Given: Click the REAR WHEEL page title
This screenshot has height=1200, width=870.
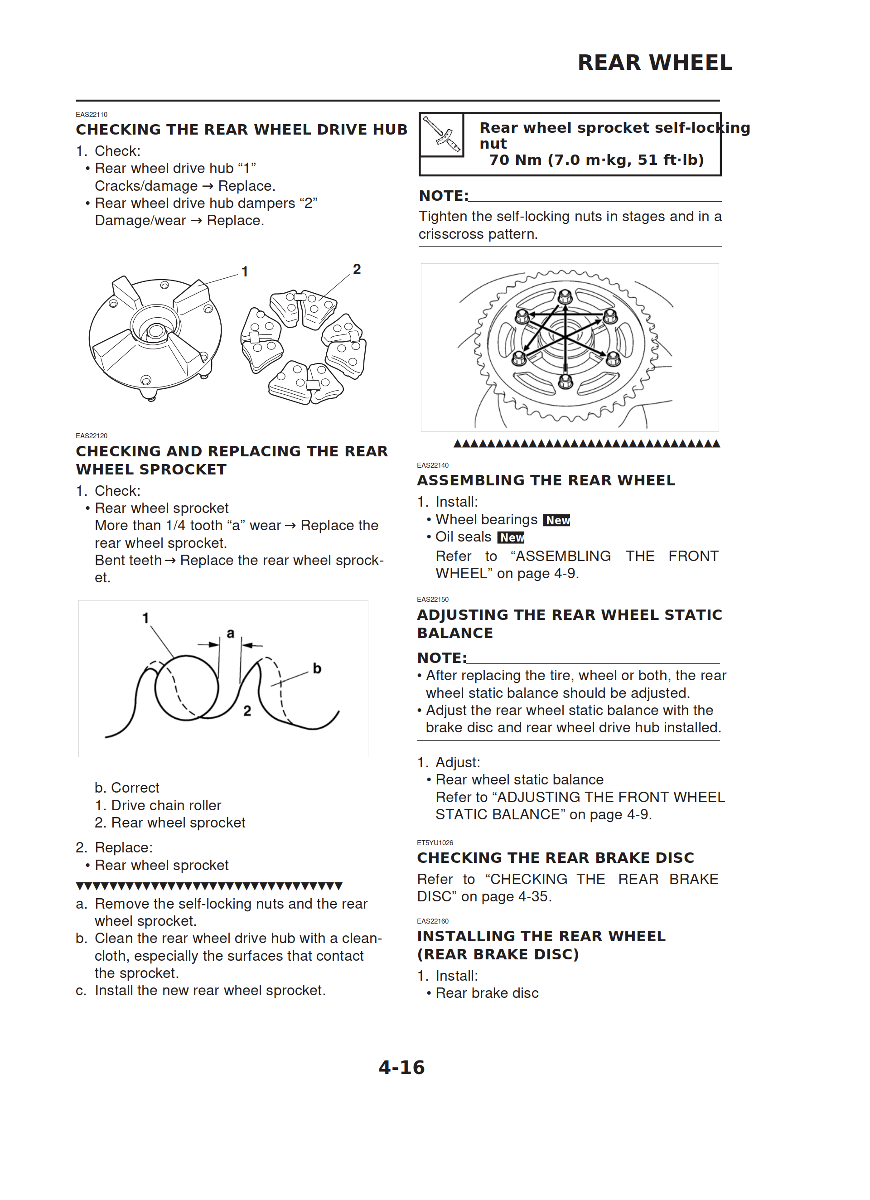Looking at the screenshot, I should point(655,63).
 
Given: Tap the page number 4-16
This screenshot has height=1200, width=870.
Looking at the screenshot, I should point(401,1067).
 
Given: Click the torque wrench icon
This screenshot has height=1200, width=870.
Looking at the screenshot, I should point(441,135).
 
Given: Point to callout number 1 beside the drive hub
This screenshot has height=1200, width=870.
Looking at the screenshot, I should point(245,272).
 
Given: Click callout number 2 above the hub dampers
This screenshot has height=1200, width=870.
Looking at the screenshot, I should point(357,269).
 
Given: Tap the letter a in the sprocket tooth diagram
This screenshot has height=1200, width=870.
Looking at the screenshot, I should point(230,634).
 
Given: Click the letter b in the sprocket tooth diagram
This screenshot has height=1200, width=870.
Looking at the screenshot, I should point(317,669).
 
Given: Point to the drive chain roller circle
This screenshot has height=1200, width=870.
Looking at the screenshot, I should point(186,687).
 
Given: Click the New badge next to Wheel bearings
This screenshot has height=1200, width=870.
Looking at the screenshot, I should point(557,520).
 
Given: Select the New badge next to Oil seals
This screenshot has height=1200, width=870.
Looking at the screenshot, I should point(511,537).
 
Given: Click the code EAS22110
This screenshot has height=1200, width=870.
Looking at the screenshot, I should point(92,114).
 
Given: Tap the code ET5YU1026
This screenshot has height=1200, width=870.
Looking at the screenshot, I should point(435,843).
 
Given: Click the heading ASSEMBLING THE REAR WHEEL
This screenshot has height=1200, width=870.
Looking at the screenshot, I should point(546,480).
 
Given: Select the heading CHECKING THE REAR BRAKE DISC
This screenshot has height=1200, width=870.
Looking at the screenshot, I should point(555,858).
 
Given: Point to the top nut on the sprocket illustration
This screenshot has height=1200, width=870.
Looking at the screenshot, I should point(565,295).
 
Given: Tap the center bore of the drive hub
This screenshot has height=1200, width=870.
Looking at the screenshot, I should point(155,331).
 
